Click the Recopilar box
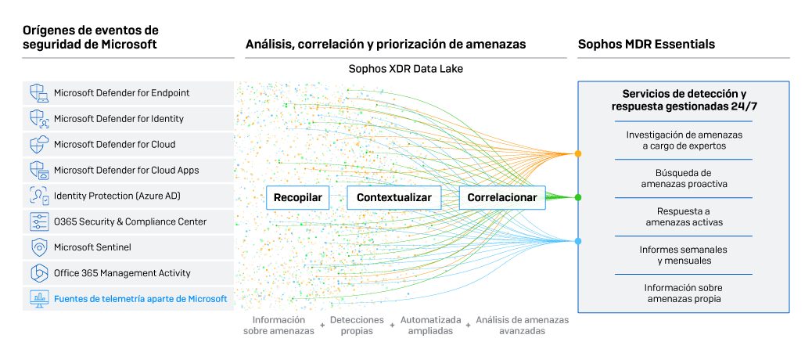coord(297,198)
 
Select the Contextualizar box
coord(393,198)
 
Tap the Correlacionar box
coord(501,198)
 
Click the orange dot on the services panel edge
coord(578,153)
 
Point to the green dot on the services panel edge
coord(578,197)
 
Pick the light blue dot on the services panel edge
coord(578,241)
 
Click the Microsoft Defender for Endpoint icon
coord(39,93)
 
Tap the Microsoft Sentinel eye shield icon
coord(39,247)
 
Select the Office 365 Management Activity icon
coord(39,273)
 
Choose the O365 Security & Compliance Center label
coord(130,221)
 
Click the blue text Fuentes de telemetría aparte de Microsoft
coord(140,298)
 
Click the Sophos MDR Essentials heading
coord(646,45)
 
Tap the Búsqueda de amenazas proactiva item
coord(684,178)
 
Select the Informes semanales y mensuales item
coord(684,255)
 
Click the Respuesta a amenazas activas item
coord(684,217)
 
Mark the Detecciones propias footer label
coord(357,326)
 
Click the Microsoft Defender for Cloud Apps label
coord(126,170)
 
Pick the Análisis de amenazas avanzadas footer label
coord(522,326)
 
